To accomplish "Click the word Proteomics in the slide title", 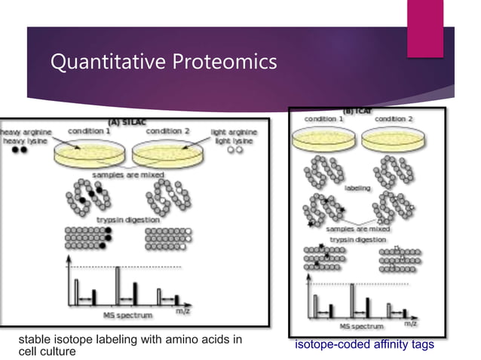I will pyautogui.click(x=223, y=63).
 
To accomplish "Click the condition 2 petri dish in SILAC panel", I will pyautogui.click(x=167, y=155).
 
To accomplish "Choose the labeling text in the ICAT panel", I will pyautogui.click(x=357, y=188).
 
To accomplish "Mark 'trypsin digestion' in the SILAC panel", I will pyautogui.click(x=127, y=219).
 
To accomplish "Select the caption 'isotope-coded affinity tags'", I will pyautogui.click(x=364, y=344).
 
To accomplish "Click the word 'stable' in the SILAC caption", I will pyautogui.click(x=32, y=340).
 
